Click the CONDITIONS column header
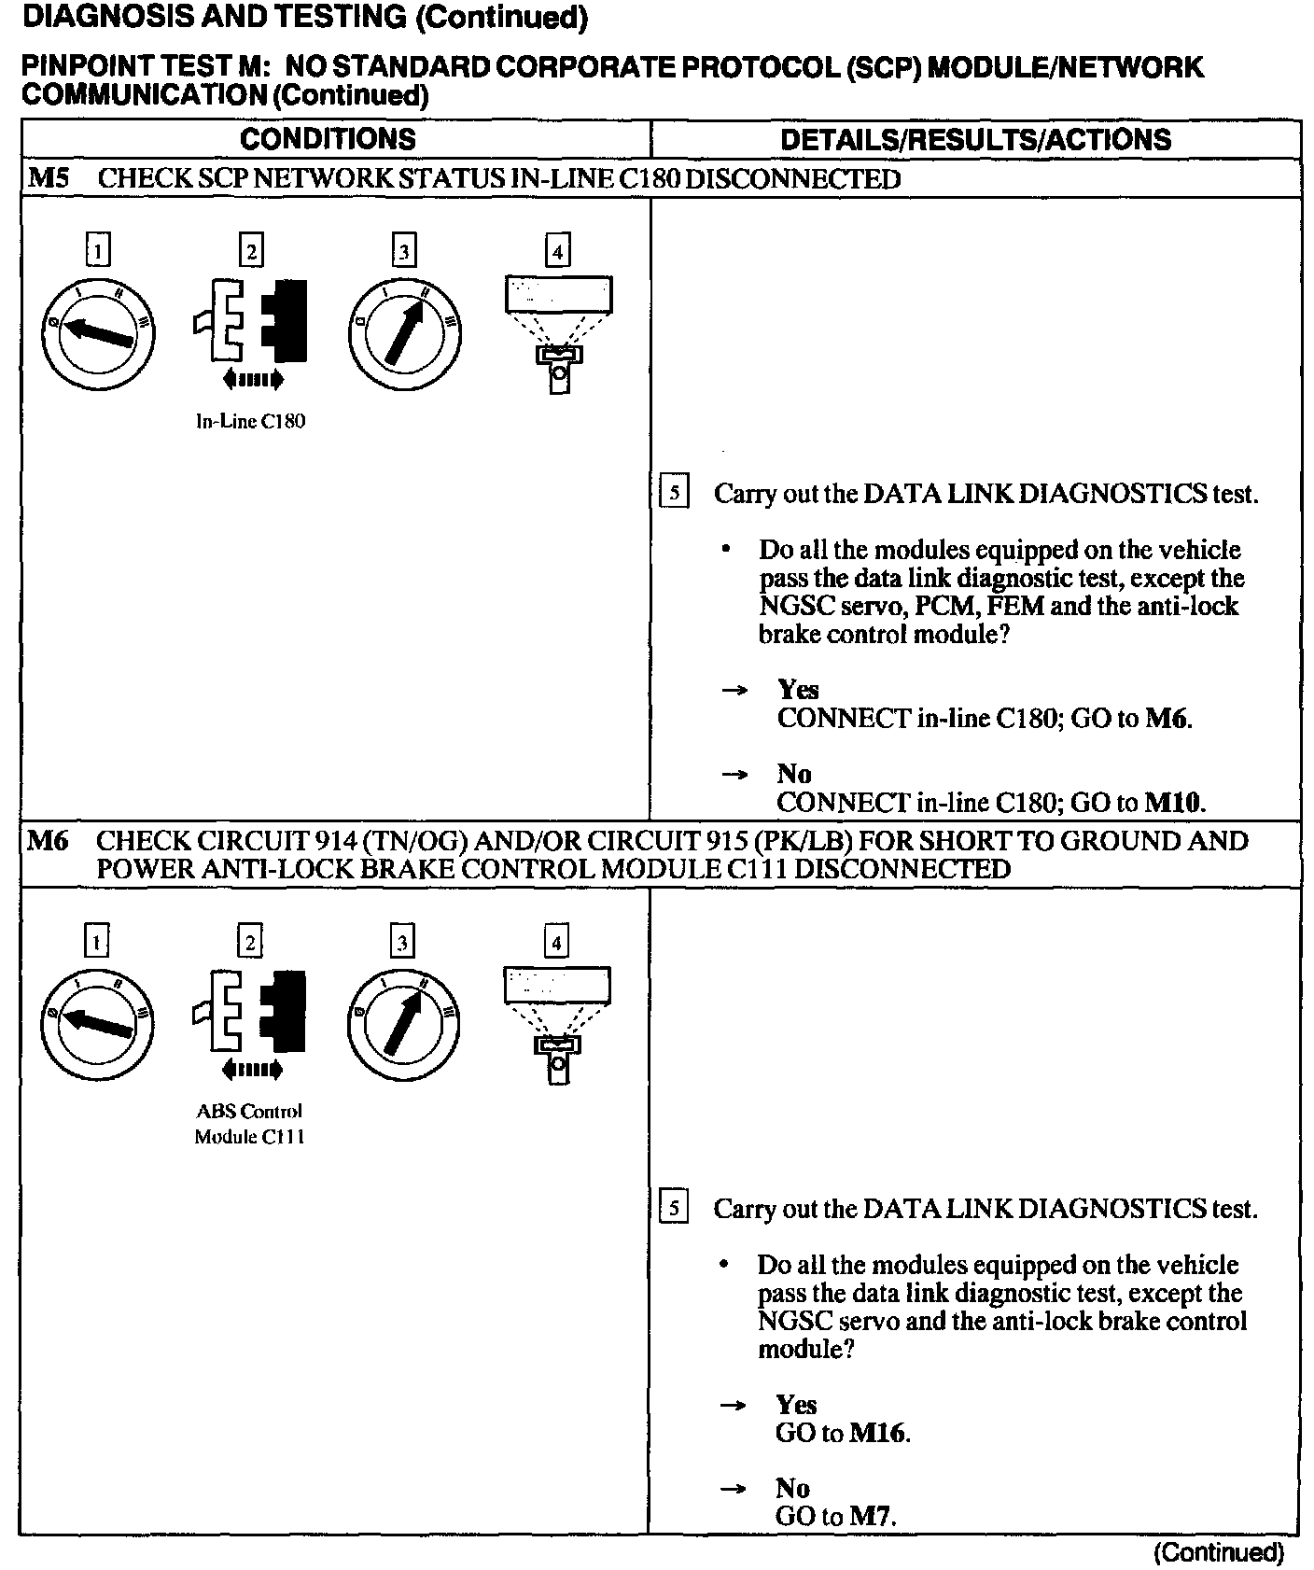pos(328,139)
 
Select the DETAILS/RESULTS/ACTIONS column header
pos(975,140)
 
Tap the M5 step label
pos(49,178)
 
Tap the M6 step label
pos(49,841)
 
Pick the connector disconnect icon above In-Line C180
pos(251,322)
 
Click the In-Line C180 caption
pos(250,421)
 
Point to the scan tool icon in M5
pos(558,331)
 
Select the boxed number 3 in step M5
pos(403,251)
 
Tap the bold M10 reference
pos(1174,803)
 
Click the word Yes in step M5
pos(798,690)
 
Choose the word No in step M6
pos(792,1488)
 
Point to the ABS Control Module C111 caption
pos(249,1124)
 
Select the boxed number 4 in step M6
pos(556,943)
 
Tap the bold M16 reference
pos(878,1433)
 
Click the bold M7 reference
pos(871,1517)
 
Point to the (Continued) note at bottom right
pos(1219,1552)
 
